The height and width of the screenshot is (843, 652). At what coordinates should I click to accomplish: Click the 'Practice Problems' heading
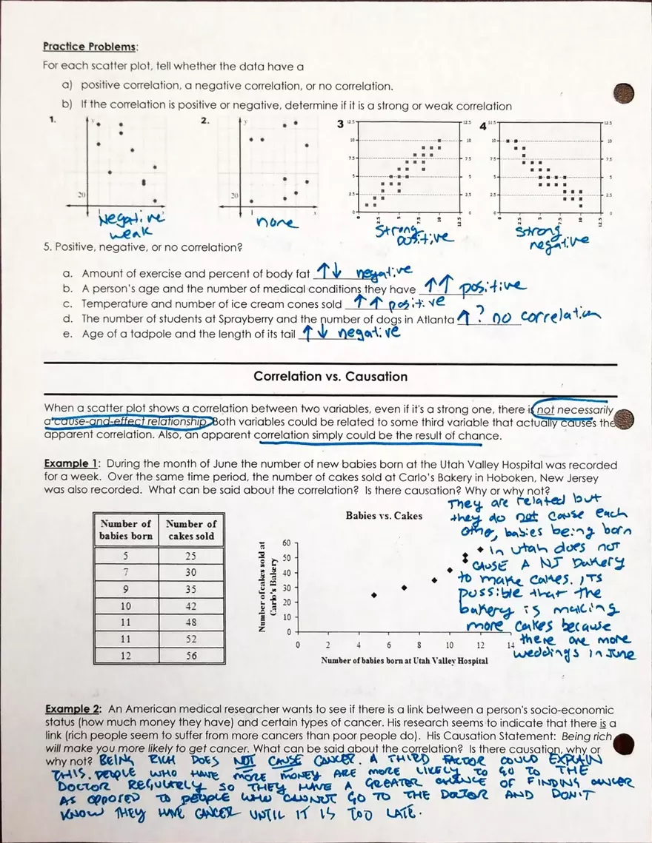[89, 47]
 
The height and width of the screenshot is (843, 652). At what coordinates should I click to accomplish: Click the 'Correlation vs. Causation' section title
[330, 377]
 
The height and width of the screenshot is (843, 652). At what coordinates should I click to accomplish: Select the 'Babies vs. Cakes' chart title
[384, 516]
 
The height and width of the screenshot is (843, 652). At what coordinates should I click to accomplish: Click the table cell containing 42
[191, 605]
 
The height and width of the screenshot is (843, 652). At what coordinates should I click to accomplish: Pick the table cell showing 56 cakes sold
[191, 655]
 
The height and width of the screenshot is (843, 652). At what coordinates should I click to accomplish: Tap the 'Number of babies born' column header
[125, 530]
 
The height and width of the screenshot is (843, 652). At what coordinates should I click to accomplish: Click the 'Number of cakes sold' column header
[191, 530]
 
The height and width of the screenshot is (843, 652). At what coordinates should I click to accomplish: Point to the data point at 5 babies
[374, 595]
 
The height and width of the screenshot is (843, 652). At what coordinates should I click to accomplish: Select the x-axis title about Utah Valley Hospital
[405, 659]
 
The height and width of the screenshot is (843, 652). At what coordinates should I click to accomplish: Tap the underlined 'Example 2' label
[72, 709]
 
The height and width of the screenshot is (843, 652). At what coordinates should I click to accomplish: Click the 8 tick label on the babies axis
[419, 645]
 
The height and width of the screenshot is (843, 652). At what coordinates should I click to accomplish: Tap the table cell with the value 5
[125, 555]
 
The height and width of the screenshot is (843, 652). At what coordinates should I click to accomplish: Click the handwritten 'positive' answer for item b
[493, 286]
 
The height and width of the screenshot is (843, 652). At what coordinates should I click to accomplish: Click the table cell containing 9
[125, 588]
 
